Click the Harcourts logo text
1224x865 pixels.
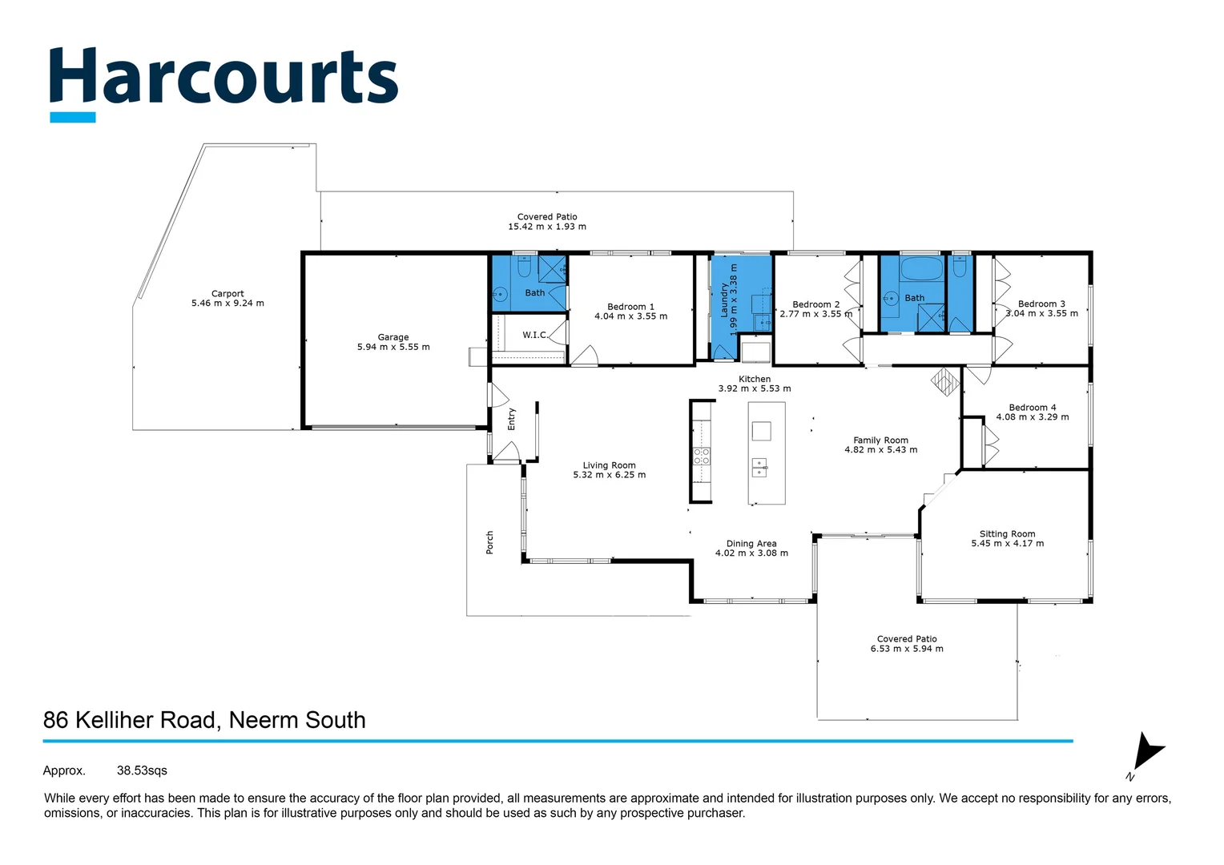[x=223, y=78]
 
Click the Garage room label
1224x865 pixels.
[x=393, y=337]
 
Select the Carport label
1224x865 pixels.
[x=227, y=294]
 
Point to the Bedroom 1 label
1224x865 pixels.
[x=630, y=307]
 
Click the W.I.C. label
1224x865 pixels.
[x=534, y=335]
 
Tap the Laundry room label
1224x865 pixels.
[x=724, y=300]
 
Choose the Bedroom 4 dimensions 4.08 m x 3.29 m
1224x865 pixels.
[x=1032, y=417]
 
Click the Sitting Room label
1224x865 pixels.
[x=1007, y=534]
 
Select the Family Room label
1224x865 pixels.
[x=880, y=441]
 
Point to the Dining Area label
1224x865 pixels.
[x=751, y=544]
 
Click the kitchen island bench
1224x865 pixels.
[x=766, y=453]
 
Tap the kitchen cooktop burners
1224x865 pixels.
[x=701, y=457]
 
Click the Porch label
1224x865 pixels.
[x=489, y=542]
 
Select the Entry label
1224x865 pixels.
[x=512, y=419]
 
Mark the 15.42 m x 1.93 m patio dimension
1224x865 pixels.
[x=546, y=227]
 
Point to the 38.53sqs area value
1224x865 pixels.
[x=142, y=770]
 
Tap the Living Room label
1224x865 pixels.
[x=609, y=465]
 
